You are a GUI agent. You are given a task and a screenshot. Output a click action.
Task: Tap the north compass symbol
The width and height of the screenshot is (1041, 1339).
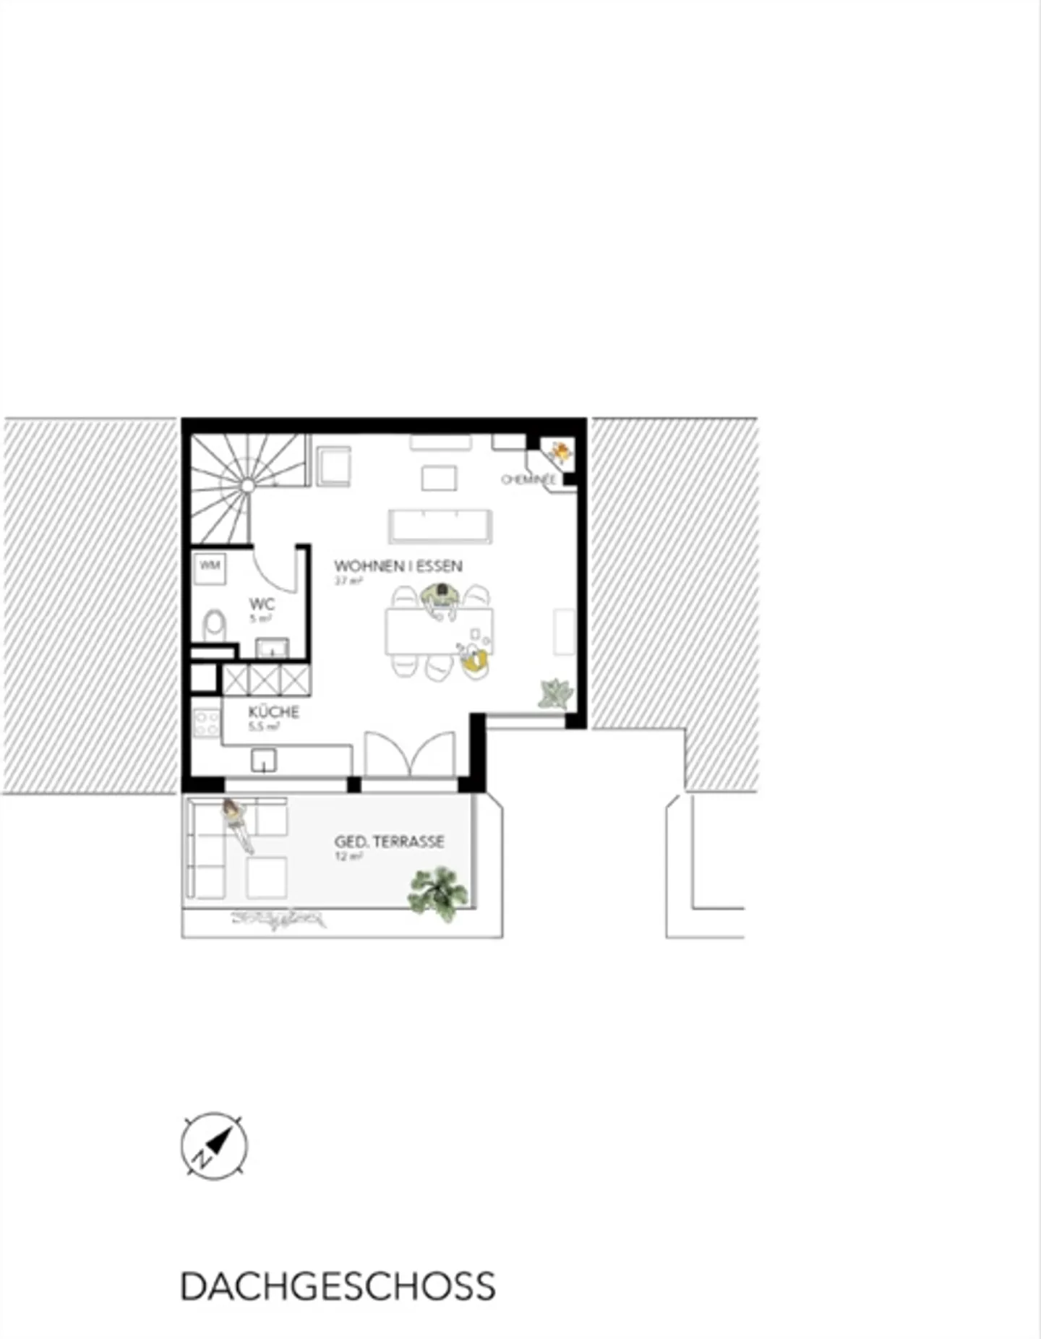pos(213,1147)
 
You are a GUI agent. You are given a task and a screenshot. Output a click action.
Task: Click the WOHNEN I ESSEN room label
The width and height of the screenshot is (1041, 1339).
pos(398,566)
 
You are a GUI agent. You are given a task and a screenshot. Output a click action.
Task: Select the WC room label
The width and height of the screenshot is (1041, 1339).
pos(262,604)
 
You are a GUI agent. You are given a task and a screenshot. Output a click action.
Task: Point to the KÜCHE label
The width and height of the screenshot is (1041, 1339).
pos(273,712)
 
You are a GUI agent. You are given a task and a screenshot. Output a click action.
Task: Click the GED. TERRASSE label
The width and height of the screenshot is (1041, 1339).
pos(389,842)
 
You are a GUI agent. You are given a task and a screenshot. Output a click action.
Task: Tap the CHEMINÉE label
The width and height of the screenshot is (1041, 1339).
pos(528,479)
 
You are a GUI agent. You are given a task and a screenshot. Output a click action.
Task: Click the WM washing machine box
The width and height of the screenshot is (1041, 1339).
pos(210,565)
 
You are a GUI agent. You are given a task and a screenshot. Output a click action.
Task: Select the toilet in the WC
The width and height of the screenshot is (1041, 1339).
pos(214,625)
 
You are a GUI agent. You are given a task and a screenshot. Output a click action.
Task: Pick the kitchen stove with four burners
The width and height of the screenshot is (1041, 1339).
pos(207,723)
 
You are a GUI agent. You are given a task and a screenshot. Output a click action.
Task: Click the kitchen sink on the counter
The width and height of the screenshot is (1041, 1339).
pos(264,760)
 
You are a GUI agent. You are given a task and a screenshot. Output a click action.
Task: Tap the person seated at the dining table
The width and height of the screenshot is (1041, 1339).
pos(440,600)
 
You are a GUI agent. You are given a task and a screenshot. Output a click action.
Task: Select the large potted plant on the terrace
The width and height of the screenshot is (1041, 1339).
pos(437,893)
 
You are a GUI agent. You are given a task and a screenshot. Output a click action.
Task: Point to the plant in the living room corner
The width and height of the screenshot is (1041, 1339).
pos(555,694)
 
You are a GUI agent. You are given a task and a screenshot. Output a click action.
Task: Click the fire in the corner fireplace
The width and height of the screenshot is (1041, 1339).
pos(560,453)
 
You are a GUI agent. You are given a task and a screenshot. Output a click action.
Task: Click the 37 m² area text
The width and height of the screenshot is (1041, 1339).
pos(348,581)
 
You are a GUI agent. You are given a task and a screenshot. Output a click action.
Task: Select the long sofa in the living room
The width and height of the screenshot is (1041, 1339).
pos(440,526)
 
